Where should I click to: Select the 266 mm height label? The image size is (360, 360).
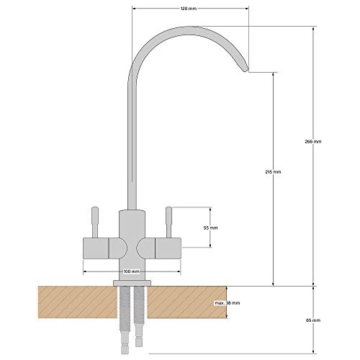coord(313,142)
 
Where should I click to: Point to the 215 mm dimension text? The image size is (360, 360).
coord(272,173)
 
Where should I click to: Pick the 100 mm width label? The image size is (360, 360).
coord(131,271)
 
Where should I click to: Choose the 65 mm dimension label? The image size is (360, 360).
coord(312,320)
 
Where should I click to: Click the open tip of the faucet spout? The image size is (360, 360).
coord(246,71)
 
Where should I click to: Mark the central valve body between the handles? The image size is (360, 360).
coord(131,241)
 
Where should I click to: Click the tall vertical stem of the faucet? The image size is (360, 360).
coord(131,144)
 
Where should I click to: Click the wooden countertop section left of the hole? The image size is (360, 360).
coord(72,302)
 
